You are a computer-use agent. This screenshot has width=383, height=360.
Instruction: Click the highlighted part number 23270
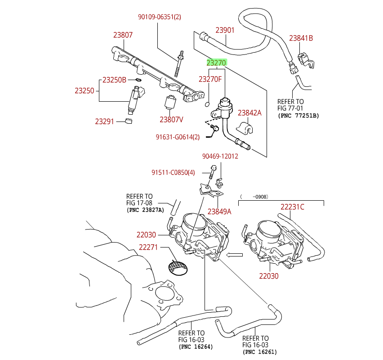tap(216, 63)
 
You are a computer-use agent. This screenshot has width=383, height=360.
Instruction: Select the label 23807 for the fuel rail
tap(123, 35)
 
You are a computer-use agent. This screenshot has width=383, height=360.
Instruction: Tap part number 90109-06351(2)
tap(160, 17)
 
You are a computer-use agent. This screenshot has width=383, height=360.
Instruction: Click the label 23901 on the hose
tap(225, 30)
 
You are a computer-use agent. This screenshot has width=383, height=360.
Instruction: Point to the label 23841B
tap(301, 38)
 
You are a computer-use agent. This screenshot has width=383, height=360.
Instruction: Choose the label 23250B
tap(114, 80)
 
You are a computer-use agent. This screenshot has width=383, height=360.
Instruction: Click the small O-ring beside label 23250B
tap(138, 80)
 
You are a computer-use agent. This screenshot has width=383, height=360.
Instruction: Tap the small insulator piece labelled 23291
tap(129, 121)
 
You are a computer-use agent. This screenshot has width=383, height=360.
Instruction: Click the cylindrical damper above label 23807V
tap(170, 103)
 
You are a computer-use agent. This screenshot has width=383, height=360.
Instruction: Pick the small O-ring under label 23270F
tap(207, 104)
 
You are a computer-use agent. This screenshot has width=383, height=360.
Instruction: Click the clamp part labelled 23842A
tap(245, 128)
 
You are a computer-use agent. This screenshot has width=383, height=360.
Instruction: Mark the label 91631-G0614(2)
tap(178, 137)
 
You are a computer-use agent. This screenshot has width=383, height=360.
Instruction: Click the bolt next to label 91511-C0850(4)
tap(213, 172)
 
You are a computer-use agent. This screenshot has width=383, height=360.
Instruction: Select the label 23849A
tap(219, 211)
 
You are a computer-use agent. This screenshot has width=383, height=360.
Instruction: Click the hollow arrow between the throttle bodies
tap(234, 255)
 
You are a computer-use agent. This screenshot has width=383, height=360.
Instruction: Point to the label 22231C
tap(292, 207)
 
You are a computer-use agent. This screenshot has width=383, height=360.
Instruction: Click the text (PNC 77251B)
tap(298, 116)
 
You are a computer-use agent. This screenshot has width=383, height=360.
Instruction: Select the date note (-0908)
tap(254, 197)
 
